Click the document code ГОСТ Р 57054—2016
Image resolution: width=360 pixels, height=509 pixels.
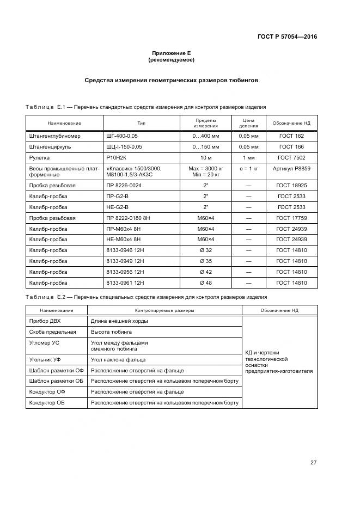click(x=287, y=37)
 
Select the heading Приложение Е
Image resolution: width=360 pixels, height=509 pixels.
click(x=172, y=53)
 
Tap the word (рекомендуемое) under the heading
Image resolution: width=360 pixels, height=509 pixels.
click(x=172, y=59)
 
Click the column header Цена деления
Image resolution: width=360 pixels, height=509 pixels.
click(x=248, y=122)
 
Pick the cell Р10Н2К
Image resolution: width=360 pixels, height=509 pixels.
click(x=117, y=157)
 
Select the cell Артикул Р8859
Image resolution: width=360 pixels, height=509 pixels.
click(x=291, y=169)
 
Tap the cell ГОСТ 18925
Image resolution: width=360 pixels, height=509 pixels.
click(x=291, y=186)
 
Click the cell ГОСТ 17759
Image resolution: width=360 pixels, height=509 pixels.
click(x=291, y=218)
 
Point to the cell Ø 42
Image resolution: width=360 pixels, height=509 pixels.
click(x=206, y=272)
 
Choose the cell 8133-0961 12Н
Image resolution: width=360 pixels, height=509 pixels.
click(x=126, y=283)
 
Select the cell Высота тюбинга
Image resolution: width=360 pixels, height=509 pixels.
click(x=111, y=332)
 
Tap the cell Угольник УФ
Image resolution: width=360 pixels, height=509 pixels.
click(x=45, y=359)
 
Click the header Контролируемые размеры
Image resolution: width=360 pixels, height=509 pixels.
click(x=165, y=310)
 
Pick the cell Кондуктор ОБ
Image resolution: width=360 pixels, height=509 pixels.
click(x=48, y=402)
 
